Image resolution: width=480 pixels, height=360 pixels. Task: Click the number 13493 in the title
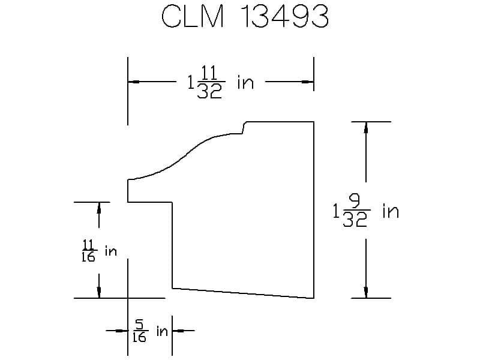(x=284, y=18)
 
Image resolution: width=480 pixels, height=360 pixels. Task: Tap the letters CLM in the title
(x=193, y=18)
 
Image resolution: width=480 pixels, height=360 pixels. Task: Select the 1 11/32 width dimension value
(x=205, y=83)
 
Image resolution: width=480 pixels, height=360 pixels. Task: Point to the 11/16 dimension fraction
(x=88, y=251)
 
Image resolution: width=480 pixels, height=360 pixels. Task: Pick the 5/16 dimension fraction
(x=139, y=331)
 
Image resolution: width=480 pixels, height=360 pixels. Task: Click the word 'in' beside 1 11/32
(x=245, y=82)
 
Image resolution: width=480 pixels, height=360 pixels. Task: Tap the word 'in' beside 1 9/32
(x=390, y=211)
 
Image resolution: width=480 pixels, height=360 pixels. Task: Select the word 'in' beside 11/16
(x=110, y=251)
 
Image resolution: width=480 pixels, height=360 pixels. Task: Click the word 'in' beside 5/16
(x=162, y=331)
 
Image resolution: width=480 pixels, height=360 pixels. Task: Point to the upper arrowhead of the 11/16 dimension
(x=99, y=208)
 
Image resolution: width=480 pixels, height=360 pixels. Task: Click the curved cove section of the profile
(x=192, y=150)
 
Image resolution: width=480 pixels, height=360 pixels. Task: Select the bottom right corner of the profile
(x=314, y=298)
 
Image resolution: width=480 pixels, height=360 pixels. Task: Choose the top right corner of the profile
(x=314, y=122)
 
